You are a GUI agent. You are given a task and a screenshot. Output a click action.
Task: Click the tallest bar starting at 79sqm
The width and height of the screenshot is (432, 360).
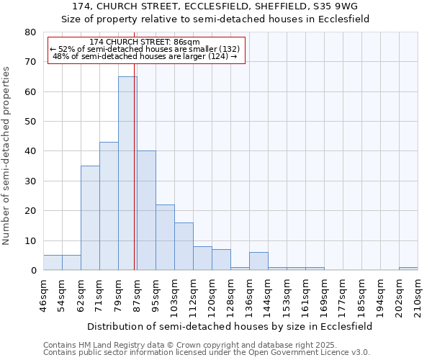point(127,173)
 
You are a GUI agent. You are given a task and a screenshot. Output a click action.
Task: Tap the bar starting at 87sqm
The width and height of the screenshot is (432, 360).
point(146,210)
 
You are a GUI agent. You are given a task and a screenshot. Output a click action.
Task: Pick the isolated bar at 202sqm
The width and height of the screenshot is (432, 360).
point(408,269)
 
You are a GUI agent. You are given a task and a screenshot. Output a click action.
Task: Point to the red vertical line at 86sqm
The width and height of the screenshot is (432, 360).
point(135,180)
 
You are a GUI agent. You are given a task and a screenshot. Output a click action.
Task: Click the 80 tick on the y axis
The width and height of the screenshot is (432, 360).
point(30,32)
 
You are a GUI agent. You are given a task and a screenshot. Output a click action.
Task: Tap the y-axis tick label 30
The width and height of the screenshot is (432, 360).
point(30,181)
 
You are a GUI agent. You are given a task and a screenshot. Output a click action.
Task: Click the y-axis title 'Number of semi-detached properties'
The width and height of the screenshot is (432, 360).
point(6,156)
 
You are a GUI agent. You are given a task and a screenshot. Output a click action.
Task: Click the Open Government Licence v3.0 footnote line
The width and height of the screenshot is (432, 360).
point(207,353)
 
